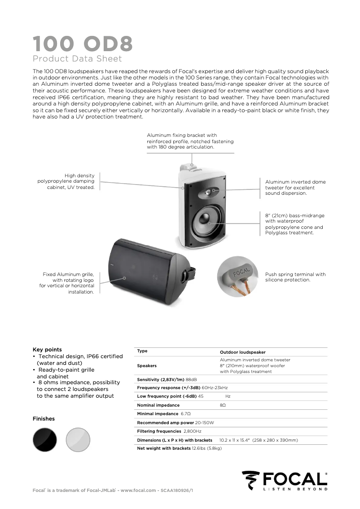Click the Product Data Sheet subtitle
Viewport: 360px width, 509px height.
point(77,59)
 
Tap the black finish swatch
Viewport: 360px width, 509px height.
point(45,439)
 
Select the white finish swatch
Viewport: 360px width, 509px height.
point(78,439)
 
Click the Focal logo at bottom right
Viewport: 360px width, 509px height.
point(285,481)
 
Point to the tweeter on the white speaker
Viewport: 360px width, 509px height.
point(210,192)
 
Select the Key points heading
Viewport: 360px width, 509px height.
point(47,350)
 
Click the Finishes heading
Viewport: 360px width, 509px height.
point(44,419)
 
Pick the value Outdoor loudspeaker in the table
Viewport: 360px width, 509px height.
point(242,352)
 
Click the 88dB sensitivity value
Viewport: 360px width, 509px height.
point(191,380)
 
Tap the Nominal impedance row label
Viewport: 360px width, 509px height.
point(158,405)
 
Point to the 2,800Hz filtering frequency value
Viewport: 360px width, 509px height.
point(192,431)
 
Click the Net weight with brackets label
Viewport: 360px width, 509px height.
point(164,448)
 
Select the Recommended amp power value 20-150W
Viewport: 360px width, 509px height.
point(205,423)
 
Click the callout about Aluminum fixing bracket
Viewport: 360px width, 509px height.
point(190,141)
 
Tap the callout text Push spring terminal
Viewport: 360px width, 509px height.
point(295,277)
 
